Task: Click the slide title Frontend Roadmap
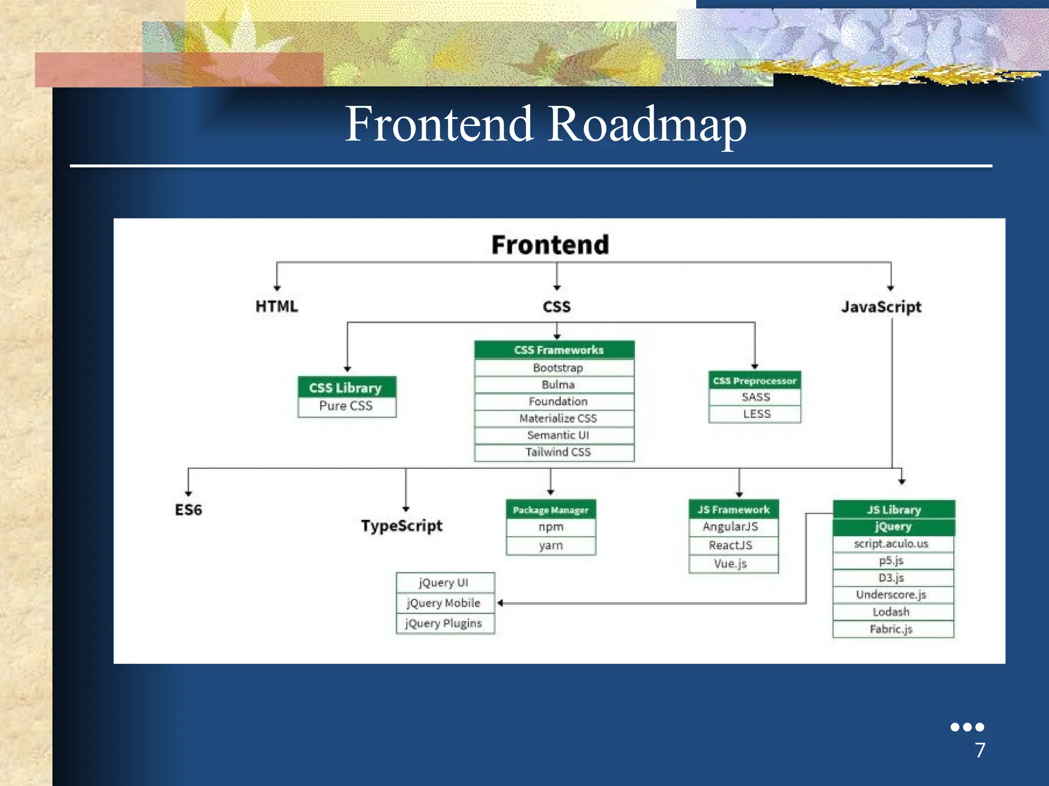546,124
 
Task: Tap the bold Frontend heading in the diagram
550,245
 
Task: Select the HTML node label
277,307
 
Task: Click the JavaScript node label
881,307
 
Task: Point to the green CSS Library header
346,387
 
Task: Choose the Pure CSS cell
346,406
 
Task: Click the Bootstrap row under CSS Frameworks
557,368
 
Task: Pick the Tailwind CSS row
557,452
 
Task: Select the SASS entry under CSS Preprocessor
756,397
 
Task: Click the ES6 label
188,510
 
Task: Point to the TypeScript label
402,526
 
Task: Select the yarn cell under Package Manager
551,545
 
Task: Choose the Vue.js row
730,564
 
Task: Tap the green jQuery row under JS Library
893,527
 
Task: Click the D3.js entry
891,578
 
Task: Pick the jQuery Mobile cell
444,603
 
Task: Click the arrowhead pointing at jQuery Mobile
500,603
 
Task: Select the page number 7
980,750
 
